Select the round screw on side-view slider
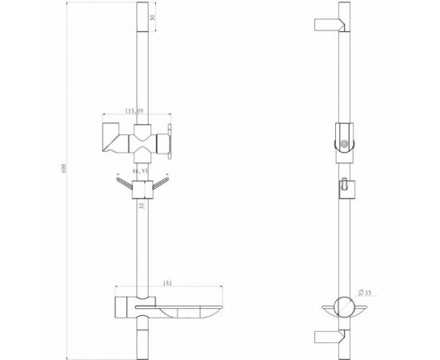345,145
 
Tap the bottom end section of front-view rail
143,340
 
